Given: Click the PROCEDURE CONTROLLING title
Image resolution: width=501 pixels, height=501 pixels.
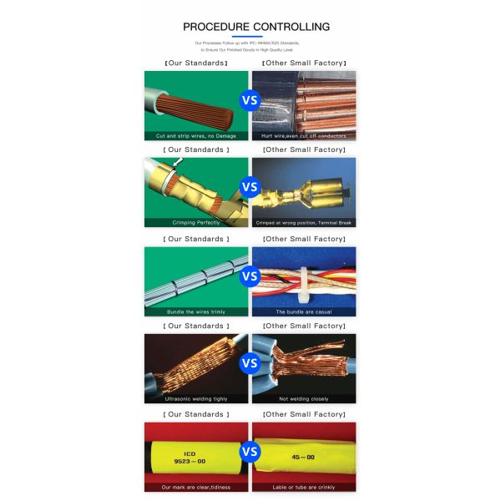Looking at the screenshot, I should tap(250, 27).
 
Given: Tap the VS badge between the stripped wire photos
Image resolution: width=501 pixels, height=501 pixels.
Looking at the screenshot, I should tap(250, 101).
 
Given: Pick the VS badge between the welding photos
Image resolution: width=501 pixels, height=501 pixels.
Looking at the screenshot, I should tap(250, 364).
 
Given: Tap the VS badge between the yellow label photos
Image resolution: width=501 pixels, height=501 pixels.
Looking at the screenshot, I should tap(250, 452).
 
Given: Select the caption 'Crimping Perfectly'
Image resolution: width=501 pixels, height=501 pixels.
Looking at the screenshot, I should tap(195, 223).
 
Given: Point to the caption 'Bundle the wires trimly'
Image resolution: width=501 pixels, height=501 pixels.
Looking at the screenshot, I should tap(195, 311).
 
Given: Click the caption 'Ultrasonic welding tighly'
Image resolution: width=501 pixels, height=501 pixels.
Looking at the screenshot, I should tap(195, 399).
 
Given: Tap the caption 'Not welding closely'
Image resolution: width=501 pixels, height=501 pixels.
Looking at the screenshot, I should tap(304, 399).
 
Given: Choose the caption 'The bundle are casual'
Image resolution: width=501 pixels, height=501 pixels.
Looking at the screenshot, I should tap(304, 311).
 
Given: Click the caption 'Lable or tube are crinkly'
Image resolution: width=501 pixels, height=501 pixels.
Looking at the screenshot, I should tap(304, 487).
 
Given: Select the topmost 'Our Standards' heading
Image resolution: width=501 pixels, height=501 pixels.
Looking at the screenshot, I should tap(195, 63).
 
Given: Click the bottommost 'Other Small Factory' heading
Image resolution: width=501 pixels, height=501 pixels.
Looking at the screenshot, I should tap(304, 414).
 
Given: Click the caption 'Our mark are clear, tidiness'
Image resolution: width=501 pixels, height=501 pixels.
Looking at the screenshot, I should tap(195, 487).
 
